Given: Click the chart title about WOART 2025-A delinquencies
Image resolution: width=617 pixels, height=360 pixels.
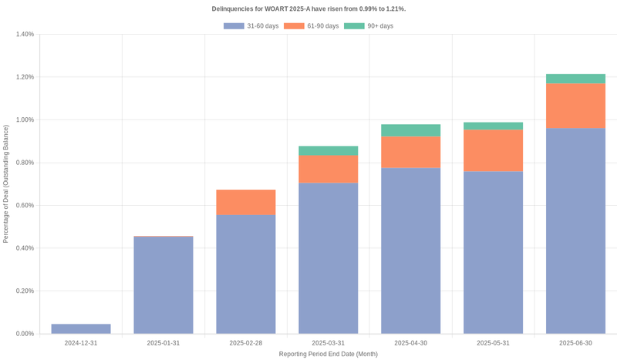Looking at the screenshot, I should [308, 8].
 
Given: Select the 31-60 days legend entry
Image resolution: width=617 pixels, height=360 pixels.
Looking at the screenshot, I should [251, 26].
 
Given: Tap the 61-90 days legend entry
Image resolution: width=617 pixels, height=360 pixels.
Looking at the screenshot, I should [311, 26].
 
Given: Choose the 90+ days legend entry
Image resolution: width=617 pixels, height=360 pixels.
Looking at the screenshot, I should [369, 26].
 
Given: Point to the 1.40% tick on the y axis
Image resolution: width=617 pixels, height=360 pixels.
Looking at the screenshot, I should [24, 35].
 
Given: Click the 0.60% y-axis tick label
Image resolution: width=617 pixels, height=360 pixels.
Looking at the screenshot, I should [24, 206].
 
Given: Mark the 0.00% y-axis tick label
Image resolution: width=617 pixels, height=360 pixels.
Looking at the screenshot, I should [24, 334].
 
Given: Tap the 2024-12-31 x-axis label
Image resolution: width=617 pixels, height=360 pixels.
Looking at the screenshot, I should [81, 343].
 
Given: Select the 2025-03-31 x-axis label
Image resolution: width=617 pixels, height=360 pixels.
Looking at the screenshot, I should [329, 343].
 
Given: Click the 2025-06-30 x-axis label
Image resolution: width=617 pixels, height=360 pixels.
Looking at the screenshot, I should [575, 343].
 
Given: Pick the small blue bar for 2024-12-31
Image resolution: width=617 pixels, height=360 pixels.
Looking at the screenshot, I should [81, 329].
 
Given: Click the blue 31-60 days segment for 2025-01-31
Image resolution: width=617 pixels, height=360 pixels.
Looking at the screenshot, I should [164, 285].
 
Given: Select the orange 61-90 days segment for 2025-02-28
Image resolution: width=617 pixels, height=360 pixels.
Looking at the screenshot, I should [246, 202].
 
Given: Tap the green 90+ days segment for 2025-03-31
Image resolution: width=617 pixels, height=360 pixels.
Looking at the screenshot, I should [329, 150].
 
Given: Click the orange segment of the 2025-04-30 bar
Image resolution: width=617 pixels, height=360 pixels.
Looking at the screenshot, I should [411, 152].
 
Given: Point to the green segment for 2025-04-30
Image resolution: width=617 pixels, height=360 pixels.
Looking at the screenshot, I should [411, 130].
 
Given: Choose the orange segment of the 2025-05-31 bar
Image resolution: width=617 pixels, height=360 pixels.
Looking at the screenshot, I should [493, 150].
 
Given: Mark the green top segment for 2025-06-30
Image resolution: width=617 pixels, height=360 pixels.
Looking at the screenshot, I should [575, 79].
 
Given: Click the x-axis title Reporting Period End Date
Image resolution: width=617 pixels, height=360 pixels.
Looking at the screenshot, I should [329, 354].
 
